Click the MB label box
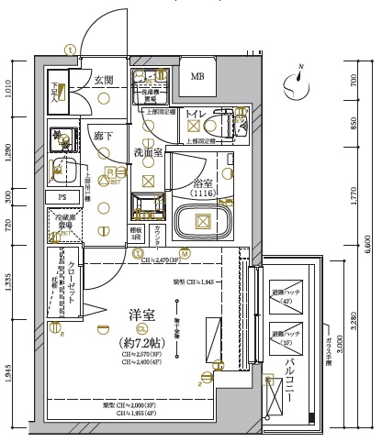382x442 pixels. [198, 76]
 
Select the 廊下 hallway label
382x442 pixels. [103, 135]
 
